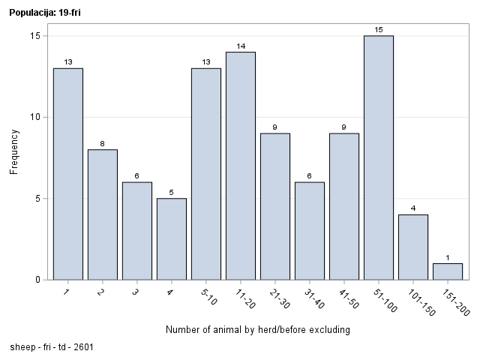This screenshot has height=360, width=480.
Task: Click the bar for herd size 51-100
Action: (x=379, y=157)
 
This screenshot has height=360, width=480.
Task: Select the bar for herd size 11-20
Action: (x=241, y=166)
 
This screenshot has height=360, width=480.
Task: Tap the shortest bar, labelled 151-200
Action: (x=448, y=271)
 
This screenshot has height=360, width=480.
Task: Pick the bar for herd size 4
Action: (x=172, y=238)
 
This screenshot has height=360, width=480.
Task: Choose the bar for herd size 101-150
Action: (x=413, y=247)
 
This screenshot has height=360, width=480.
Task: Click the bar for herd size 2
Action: (x=103, y=214)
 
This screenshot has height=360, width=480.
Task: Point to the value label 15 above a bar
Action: (x=379, y=30)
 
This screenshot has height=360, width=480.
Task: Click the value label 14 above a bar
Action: (x=241, y=46)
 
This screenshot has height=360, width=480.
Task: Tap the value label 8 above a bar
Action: (x=103, y=143)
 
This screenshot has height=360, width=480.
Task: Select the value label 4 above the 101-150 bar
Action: (x=413, y=208)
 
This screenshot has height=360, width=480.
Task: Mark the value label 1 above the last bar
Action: (x=448, y=257)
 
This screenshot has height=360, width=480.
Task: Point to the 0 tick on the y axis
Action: (x=38, y=280)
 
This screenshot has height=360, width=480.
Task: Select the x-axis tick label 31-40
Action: (x=311, y=298)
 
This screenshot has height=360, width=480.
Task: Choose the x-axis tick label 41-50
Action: (x=346, y=298)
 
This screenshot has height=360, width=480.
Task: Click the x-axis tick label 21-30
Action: (x=277, y=298)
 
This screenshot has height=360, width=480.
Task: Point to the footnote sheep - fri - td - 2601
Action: (x=52, y=347)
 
